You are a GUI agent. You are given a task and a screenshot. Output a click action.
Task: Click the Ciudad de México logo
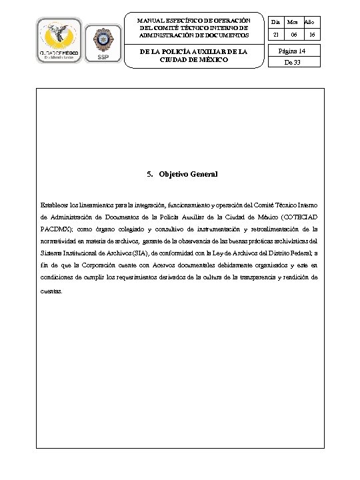coord(60,41)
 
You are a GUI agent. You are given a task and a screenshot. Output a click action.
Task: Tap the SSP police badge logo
coord(103,41)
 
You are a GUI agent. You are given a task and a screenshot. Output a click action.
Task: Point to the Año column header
coord(311,23)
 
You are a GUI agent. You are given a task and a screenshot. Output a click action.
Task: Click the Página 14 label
coord(293,51)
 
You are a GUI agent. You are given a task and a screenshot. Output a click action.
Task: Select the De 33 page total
coord(293,63)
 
